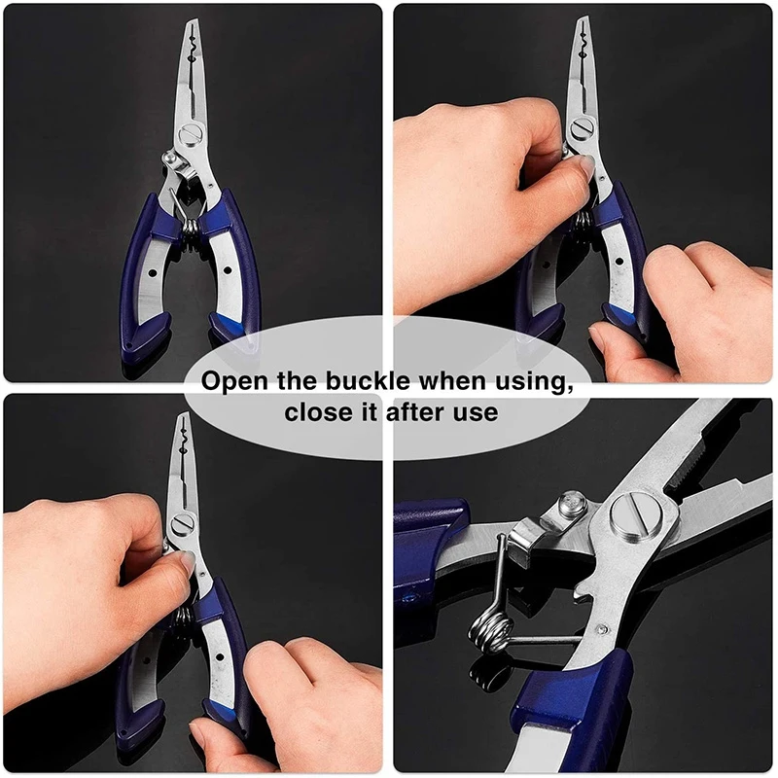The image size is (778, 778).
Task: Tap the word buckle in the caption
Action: click(374, 380)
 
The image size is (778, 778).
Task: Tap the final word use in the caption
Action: click(476, 412)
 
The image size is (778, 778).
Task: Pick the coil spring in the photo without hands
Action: click(191, 229)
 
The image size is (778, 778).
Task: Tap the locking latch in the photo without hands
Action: click(172, 160)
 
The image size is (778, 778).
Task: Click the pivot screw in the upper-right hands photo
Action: click(584, 127)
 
